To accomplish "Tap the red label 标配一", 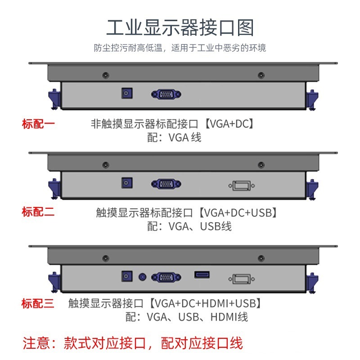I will coord(38,124).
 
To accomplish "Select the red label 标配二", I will coord(38,212).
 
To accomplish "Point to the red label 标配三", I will coord(38,303).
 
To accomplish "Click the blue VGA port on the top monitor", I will coord(166,94).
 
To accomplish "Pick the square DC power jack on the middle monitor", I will coord(127,183).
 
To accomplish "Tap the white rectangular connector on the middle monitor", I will coord(242,185).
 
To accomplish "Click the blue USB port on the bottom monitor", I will coord(202,274).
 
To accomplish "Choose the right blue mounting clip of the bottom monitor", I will coord(311,281).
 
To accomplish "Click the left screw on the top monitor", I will coord(105,75).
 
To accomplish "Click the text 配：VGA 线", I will coord(174,138).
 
